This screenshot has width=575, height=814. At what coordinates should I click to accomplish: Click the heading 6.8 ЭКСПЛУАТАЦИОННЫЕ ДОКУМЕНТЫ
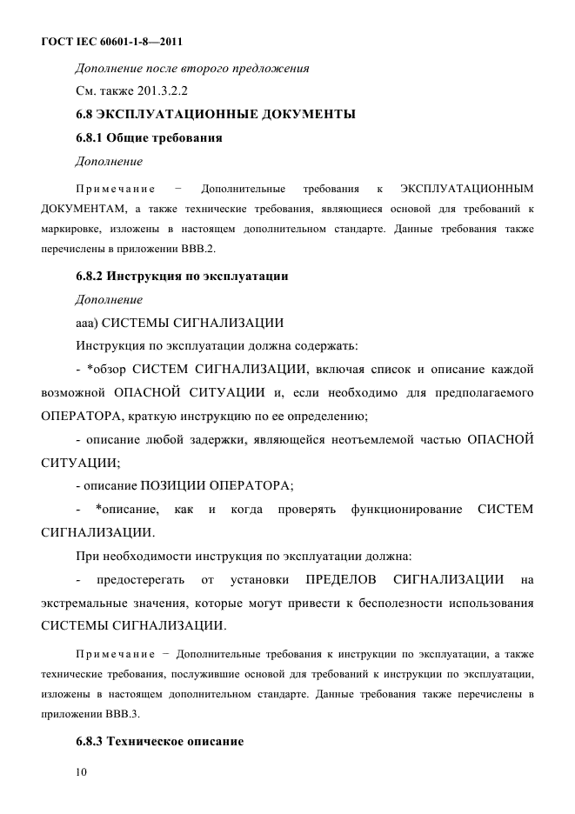[215, 114]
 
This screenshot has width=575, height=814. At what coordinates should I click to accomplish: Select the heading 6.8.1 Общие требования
[149, 137]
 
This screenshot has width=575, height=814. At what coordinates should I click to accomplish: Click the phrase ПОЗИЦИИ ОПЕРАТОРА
[226, 484]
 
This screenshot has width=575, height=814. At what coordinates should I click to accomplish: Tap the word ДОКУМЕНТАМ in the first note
[84, 209]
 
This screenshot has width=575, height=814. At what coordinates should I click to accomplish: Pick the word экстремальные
[92, 602]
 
